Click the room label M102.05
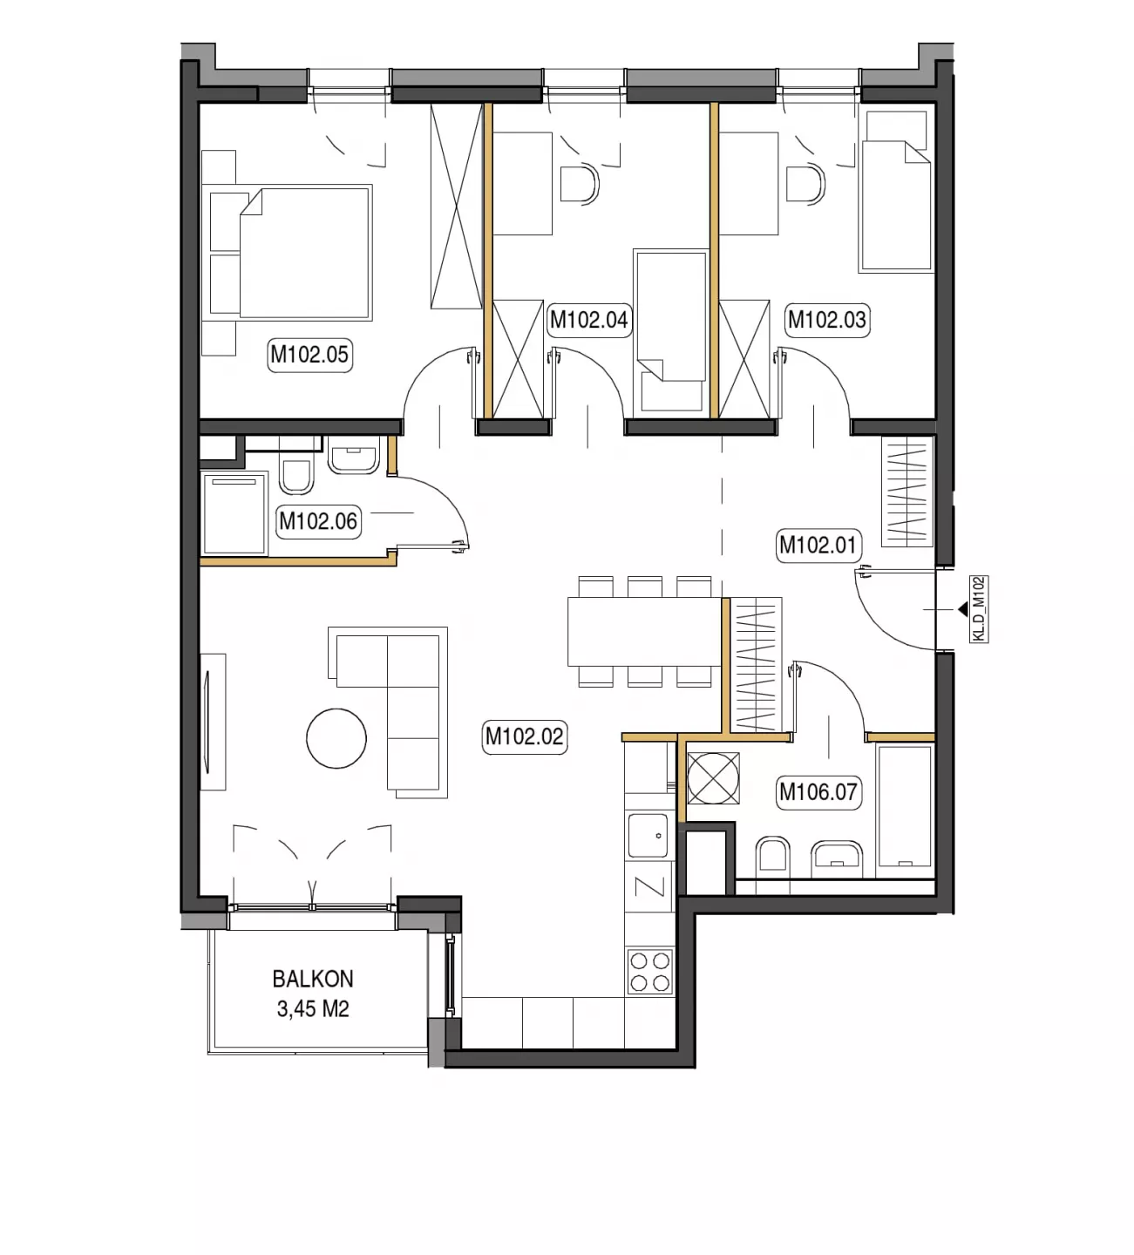coord(309,355)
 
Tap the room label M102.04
coord(588,321)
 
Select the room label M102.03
coord(826,321)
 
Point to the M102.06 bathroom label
coord(318,521)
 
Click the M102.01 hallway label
coord(818,545)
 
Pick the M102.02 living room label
coord(525,736)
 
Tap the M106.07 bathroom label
coord(818,792)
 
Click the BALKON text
coord(313,979)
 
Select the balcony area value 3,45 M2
coord(313,1009)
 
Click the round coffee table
coord(336,738)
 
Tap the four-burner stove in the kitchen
coord(650,972)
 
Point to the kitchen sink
coord(648,835)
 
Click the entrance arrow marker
coord(963,608)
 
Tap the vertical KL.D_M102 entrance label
coord(980,608)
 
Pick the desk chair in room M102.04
coord(580,184)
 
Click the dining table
coord(645,631)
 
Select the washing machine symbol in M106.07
coord(714,778)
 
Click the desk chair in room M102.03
coord(806,184)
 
